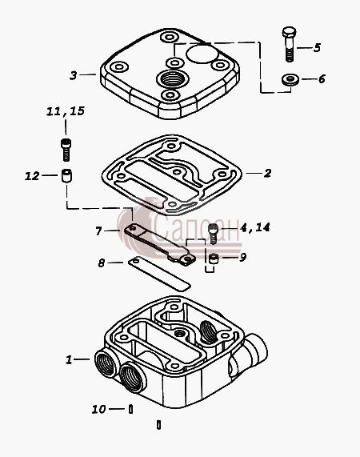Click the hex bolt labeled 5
pyautogui.click(x=289, y=44)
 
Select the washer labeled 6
pyautogui.click(x=290, y=79)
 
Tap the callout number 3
pyautogui.click(x=74, y=75)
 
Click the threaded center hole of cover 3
pyautogui.click(x=173, y=78)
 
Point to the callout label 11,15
pyautogui.click(x=66, y=111)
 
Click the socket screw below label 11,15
pyautogui.click(x=66, y=150)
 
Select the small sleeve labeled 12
pyautogui.click(x=66, y=176)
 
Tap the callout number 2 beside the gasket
pyautogui.click(x=267, y=174)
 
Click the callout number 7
pyautogui.click(x=98, y=231)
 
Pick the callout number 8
pyautogui.click(x=101, y=263)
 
